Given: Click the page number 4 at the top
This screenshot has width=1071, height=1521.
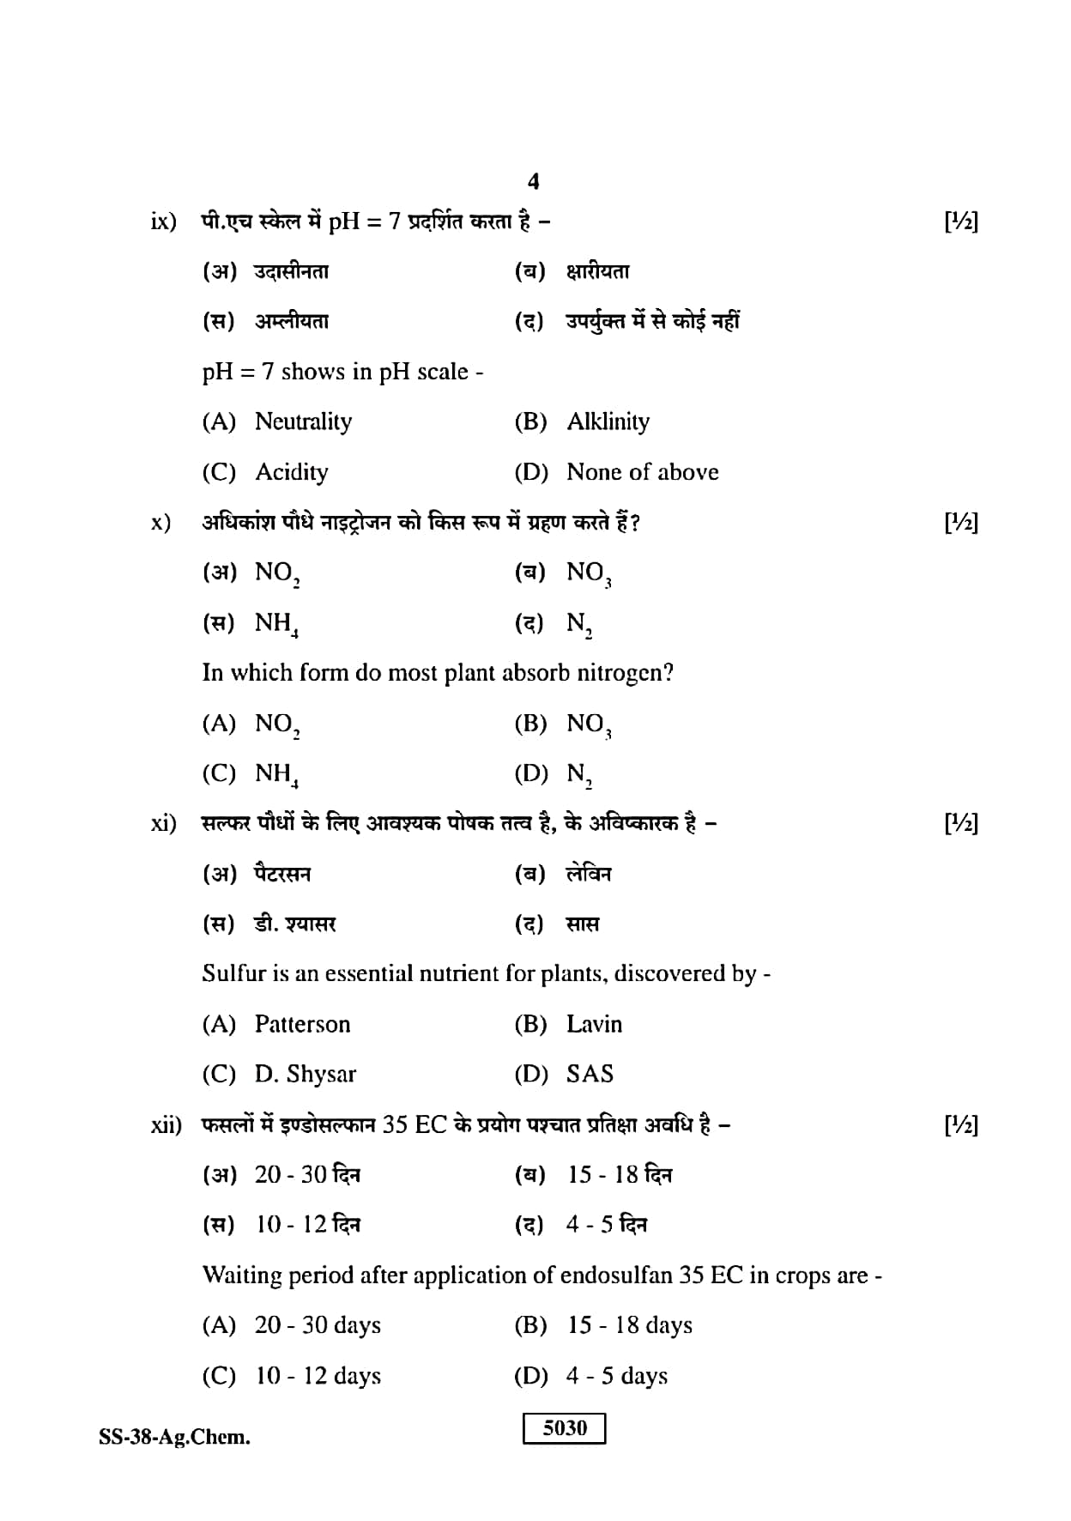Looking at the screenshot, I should coord(533,182).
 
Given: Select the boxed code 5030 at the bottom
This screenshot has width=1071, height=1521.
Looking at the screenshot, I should coord(565,1428).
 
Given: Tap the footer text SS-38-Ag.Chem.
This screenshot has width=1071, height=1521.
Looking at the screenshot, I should coord(175,1438).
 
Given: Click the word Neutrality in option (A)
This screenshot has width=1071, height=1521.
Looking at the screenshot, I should coord(303,421).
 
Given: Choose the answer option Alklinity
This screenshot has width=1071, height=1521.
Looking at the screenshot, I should coord(608,421).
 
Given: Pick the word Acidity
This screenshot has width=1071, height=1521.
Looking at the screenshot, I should coord(292,472).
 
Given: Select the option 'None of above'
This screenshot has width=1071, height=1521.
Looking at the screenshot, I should coord(642,472).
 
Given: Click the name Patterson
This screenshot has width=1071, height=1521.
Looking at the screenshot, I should coord(302,1024).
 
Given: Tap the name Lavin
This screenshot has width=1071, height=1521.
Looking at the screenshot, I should coord(594,1024).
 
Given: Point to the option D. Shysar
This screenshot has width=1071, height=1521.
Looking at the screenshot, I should coord(305,1075).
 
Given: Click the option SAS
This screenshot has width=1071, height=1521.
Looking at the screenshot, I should coord(590,1075).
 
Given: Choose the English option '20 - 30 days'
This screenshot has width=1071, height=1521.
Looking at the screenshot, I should coord(318,1325).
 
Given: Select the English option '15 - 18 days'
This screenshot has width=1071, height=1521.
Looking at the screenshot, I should coord(629,1325).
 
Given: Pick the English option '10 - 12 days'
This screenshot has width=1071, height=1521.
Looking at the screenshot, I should coord(318,1376).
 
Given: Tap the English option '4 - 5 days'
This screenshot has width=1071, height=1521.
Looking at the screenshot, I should coord(616,1376).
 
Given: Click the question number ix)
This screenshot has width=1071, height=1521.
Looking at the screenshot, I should coord(163,221).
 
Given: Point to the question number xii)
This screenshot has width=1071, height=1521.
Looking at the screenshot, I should coord(166,1124).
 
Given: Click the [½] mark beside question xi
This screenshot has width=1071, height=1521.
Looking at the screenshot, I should coord(960,824).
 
